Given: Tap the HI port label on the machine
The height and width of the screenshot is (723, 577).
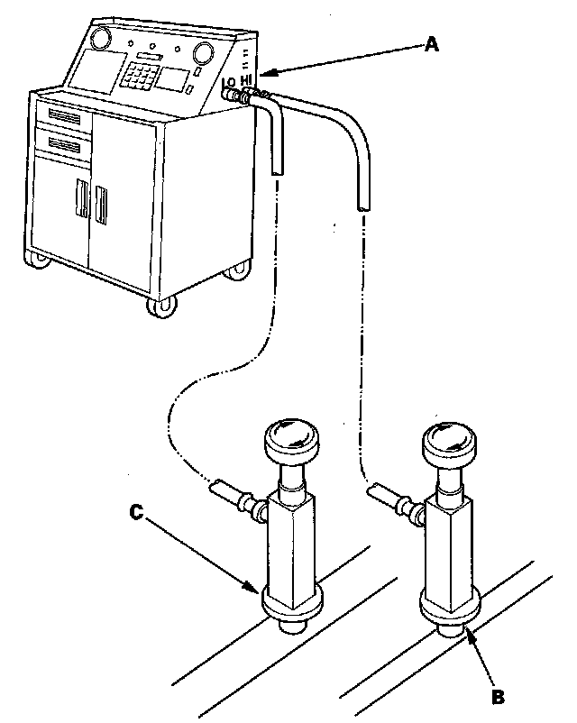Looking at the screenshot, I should [246, 80].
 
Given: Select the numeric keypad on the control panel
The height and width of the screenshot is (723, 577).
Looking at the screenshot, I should [142, 75].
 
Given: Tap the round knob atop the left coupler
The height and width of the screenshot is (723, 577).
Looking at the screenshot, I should [288, 439].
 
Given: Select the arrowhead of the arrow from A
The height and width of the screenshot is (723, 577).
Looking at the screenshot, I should [267, 72].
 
